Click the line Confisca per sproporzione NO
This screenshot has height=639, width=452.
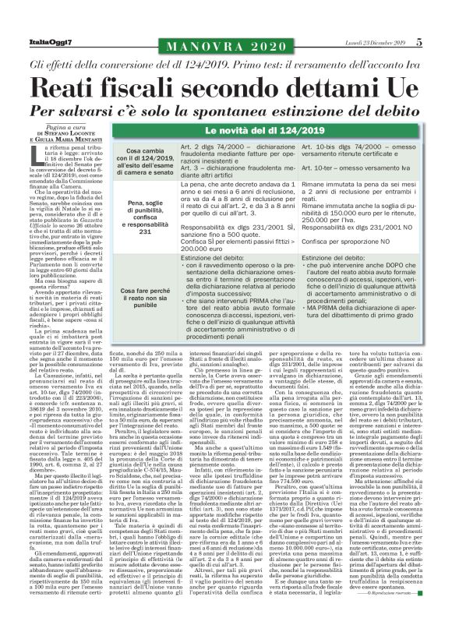coord(351,242)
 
